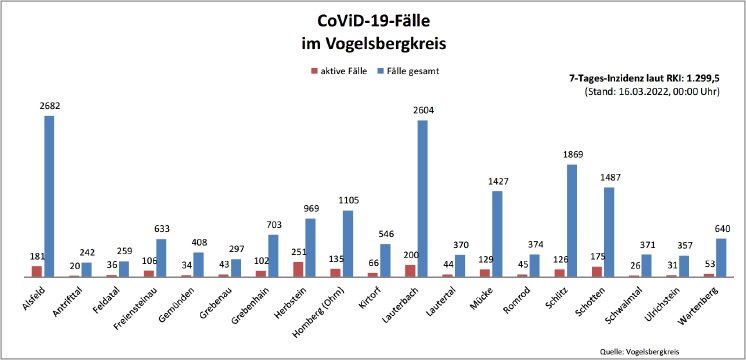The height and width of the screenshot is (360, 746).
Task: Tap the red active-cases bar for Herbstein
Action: pyautogui.click(x=298, y=269)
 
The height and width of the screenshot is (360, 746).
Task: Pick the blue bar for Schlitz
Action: pyautogui.click(x=572, y=220)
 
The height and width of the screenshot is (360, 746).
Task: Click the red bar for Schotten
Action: pyautogui.click(x=597, y=271)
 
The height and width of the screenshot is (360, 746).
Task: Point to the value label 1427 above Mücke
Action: pyautogui.click(x=497, y=181)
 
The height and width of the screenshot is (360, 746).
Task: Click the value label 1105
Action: pyautogui.click(x=347, y=200)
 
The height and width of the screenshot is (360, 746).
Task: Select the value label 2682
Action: pyautogui.click(x=48, y=105)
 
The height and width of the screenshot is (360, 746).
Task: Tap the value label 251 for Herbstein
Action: pyautogui.click(x=296, y=252)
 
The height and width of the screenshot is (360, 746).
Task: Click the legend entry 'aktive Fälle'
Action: pyautogui.click(x=346, y=71)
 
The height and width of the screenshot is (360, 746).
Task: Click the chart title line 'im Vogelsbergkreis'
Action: pyautogui.click(x=373, y=44)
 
